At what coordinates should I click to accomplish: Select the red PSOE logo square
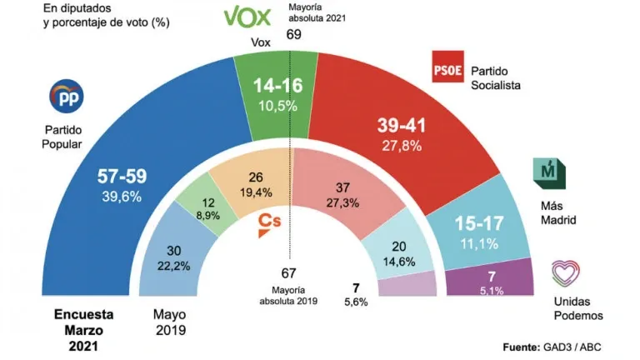(x=447, y=67)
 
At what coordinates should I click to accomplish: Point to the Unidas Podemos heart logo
(x=565, y=274)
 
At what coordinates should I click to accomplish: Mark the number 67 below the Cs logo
(x=289, y=272)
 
